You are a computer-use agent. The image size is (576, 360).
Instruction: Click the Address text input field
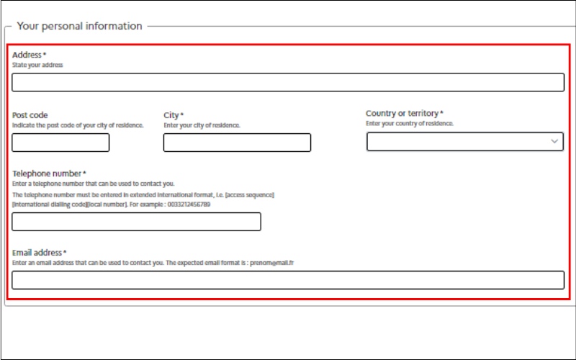pyautogui.click(x=288, y=83)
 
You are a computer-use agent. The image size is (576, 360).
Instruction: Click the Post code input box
pyautogui.click(x=60, y=143)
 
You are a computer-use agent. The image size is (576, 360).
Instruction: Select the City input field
pyautogui.click(x=237, y=143)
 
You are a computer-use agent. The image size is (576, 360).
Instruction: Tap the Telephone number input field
pyautogui.click(x=136, y=222)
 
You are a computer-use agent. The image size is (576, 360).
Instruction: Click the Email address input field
pyautogui.click(x=288, y=280)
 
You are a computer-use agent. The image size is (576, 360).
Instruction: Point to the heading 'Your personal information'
pyautogui.click(x=79, y=26)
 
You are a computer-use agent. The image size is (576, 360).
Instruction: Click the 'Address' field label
pyautogui.click(x=27, y=55)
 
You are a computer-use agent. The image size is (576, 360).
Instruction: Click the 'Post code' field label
pyautogui.click(x=30, y=115)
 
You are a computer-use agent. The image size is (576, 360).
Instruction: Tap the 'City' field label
pyautogui.click(x=171, y=115)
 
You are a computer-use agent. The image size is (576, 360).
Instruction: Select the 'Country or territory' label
pyautogui.click(x=402, y=114)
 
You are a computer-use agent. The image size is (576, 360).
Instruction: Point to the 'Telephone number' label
pyautogui.click(x=47, y=174)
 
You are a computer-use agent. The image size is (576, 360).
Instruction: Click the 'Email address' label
pyautogui.click(x=37, y=253)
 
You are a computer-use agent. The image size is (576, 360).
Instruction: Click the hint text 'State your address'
pyautogui.click(x=37, y=65)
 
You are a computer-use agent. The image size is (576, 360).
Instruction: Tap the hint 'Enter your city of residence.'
pyautogui.click(x=202, y=125)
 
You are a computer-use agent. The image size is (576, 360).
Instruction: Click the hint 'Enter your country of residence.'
pyautogui.click(x=410, y=124)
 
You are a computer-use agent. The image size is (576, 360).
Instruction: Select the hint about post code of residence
pyautogui.click(x=78, y=125)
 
